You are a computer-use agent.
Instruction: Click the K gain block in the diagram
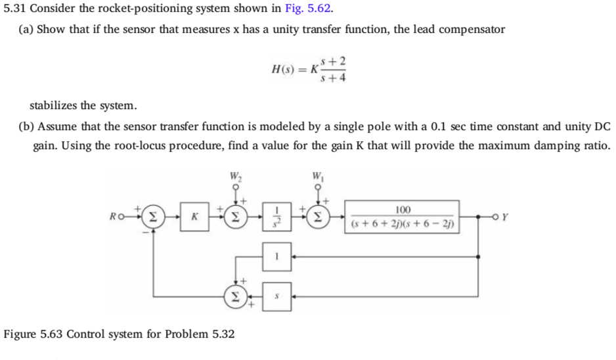194,216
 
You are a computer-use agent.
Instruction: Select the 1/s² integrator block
276,216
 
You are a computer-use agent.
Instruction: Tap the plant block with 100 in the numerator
402,216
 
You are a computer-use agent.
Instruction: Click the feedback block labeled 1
276,257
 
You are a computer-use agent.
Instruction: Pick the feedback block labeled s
276,297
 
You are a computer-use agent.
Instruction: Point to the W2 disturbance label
234,175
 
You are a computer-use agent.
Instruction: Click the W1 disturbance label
320,175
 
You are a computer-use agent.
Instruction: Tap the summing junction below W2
234,216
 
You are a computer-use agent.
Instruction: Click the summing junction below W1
320,216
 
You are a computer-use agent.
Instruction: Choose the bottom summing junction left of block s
234,297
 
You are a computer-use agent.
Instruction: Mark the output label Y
504,216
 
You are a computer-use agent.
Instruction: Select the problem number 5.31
15,9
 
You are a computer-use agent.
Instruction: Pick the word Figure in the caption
20,334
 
